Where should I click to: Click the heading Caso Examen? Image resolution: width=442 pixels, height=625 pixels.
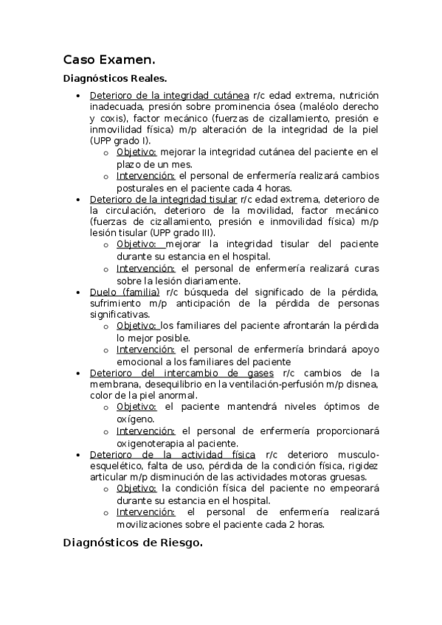[x=108, y=59]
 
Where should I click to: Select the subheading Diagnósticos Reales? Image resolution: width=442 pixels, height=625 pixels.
[x=115, y=78]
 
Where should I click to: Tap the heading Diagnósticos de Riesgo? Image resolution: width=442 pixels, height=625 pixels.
[x=133, y=543]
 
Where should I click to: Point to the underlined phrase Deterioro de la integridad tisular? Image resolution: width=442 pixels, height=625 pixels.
[x=163, y=198]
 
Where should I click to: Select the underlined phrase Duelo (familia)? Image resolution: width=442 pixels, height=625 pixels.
[x=125, y=292]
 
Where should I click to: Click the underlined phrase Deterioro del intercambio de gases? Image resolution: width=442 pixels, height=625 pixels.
[x=181, y=373]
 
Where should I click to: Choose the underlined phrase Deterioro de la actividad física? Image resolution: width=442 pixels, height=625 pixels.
[x=173, y=455]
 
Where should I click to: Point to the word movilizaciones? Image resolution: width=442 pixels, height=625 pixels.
[x=153, y=524]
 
